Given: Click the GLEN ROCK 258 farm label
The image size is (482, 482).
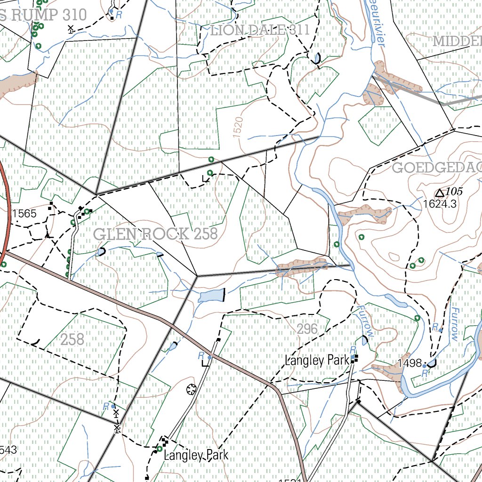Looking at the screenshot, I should pyautogui.click(x=155, y=234).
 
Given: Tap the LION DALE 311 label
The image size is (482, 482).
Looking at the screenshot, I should pyautogui.click(x=260, y=31).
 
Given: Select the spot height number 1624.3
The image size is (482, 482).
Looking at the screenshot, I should pyautogui.click(x=440, y=204).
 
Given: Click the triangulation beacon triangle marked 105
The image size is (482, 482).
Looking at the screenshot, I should pyautogui.click(x=440, y=193).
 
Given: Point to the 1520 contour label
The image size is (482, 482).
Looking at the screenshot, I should pyautogui.click(x=238, y=128).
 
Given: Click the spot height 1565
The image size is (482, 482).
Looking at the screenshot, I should pyautogui.click(x=24, y=214).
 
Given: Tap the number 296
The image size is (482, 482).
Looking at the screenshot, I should pyautogui.click(x=307, y=329).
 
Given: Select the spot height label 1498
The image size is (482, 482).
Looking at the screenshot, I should pyautogui.click(x=409, y=363).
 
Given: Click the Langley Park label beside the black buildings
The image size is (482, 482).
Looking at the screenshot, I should pyautogui.click(x=317, y=361).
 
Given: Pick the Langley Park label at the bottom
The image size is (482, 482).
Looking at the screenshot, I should pyautogui.click(x=196, y=455).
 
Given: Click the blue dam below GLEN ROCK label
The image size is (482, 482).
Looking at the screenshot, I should pyautogui.click(x=210, y=296).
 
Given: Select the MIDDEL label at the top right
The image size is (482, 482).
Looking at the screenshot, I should pyautogui.click(x=457, y=41).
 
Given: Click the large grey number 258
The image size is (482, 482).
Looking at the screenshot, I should pyautogui.click(x=72, y=339).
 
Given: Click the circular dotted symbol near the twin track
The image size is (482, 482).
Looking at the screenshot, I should pyautogui.click(x=191, y=389).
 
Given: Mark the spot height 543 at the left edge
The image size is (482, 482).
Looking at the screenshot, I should pyautogui.click(x=8, y=450).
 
